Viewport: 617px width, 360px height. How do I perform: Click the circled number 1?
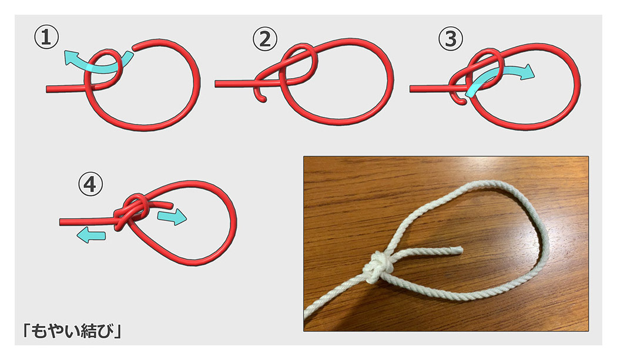[x=46, y=38]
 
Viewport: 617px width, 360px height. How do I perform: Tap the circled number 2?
[x=265, y=40]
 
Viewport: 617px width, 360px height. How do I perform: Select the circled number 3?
[x=451, y=39]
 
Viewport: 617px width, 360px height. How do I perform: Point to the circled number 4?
[x=90, y=184]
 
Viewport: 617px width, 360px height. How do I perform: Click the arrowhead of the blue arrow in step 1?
[x=71, y=58]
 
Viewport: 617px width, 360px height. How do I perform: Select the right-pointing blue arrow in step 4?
[x=172, y=217]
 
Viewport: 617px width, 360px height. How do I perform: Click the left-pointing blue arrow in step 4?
[x=91, y=235]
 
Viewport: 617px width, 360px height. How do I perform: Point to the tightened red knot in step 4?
[x=132, y=210]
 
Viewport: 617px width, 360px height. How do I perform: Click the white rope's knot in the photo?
[x=377, y=268]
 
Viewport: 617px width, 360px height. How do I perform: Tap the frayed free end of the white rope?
[x=459, y=250]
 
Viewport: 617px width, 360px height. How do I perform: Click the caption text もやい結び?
[x=72, y=331]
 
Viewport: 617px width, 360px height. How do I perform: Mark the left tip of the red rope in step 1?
[x=47, y=89]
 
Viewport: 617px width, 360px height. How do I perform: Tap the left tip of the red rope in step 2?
[x=216, y=84]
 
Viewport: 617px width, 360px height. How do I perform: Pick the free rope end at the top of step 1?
[x=135, y=48]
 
